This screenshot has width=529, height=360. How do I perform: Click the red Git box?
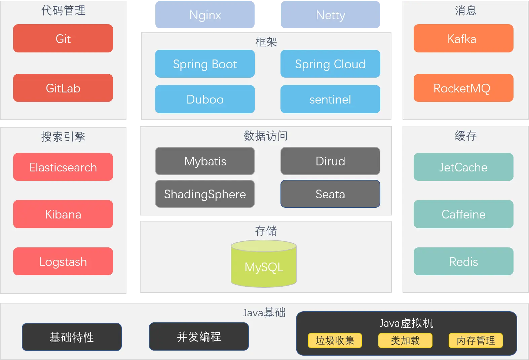[x=63, y=38]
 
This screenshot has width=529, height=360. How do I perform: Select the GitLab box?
[x=63, y=88]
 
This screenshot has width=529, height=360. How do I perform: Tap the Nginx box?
[x=205, y=15]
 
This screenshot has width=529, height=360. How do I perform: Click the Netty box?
[x=330, y=15]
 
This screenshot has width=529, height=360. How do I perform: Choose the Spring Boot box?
[x=205, y=64]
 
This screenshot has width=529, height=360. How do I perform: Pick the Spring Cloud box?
[x=330, y=64]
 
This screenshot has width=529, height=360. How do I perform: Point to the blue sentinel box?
[x=330, y=99]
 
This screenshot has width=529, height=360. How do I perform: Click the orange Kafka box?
[x=463, y=38]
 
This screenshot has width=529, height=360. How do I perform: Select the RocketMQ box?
[x=463, y=88]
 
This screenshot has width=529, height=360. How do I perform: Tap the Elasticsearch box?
[x=63, y=167]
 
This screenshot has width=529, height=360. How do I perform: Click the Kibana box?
[x=63, y=214]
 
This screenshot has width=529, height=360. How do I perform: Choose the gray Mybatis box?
[x=205, y=161]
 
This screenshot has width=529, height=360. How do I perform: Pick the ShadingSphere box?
[x=205, y=194]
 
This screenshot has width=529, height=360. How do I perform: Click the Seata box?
[x=330, y=194]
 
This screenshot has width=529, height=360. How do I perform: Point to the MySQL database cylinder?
[x=264, y=266]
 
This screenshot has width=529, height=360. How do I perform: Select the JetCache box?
[x=463, y=167]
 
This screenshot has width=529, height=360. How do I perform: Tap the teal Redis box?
[x=463, y=262]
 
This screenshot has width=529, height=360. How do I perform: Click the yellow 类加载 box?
[x=405, y=341]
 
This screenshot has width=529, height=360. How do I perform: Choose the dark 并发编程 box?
[x=199, y=336]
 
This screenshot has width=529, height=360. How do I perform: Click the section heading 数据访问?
[x=266, y=136]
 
